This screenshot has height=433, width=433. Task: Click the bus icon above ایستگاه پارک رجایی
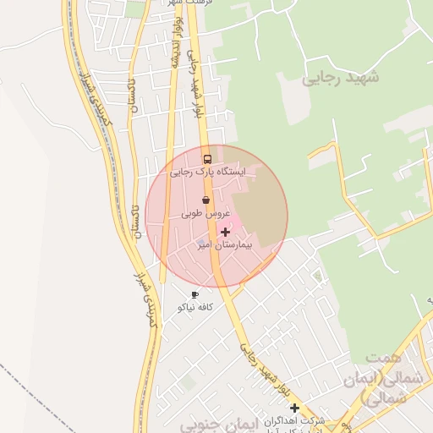[x=207, y=159]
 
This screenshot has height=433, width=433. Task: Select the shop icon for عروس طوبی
[x=206, y=200]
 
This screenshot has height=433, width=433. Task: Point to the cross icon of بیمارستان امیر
[x=225, y=232]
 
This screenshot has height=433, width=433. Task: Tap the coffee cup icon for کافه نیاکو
[x=195, y=295]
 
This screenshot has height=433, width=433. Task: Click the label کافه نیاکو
[x=195, y=307]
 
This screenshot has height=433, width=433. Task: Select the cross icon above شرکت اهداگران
[x=294, y=408]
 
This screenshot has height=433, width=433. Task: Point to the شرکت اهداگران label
[x=300, y=420]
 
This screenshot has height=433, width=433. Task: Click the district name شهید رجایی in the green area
[x=341, y=78]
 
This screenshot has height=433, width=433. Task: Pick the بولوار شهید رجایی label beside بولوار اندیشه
[x=197, y=85]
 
